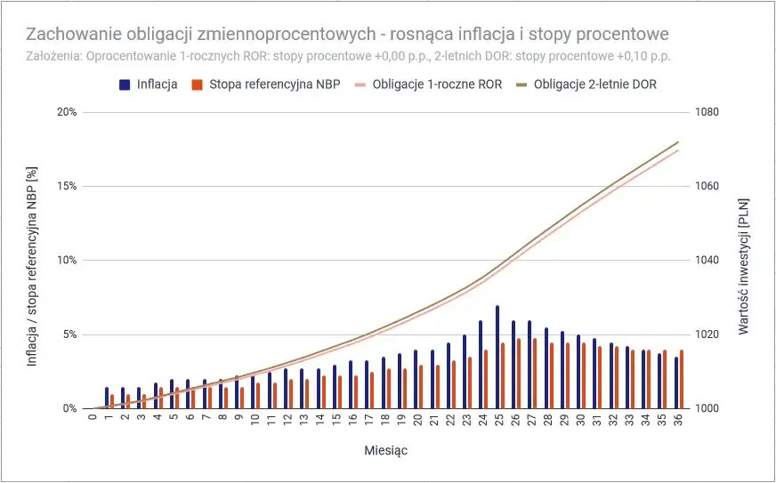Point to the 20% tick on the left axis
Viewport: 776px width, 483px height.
[67, 112]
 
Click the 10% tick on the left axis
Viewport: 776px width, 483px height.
[67, 261]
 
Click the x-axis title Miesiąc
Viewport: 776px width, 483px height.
[385, 450]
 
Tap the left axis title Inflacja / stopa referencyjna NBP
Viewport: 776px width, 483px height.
[33, 260]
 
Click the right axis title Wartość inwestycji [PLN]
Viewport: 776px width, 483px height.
[744, 260]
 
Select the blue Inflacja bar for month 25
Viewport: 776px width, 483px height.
[497, 357]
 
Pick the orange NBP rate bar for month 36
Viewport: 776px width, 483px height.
[682, 379]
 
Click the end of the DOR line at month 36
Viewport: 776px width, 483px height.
[678, 142]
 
